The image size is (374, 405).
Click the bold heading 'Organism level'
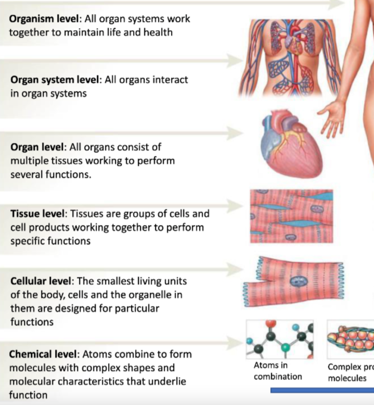click(44, 19)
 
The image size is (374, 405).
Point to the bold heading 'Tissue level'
click(37, 214)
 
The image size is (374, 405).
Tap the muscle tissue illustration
click(291, 216)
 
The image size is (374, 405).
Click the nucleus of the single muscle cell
click(298, 281)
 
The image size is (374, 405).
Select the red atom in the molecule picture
click(271, 324)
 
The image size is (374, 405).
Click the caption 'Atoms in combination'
click(277, 371)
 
